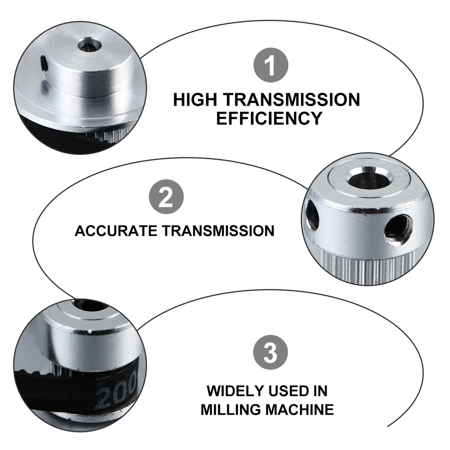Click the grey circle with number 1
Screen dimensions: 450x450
click(271, 65)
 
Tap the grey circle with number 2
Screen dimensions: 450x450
click(166, 197)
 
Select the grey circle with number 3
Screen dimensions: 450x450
click(271, 352)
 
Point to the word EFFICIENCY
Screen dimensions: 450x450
click(269, 118)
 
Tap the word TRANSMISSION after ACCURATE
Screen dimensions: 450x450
click(218, 231)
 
